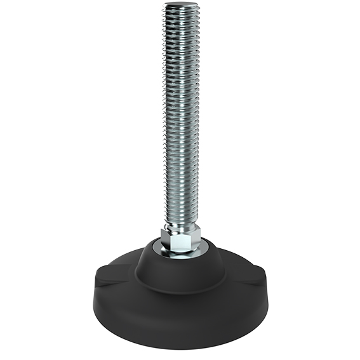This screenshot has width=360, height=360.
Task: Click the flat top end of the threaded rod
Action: tap(180, 6)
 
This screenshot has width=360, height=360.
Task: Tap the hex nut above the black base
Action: tap(181, 240)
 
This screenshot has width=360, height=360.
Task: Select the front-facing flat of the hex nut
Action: tap(183, 241)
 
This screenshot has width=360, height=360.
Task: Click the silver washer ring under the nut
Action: tap(181, 252)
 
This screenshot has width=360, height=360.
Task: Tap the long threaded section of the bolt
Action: tap(180, 114)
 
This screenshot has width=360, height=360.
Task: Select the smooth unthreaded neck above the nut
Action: tap(181, 227)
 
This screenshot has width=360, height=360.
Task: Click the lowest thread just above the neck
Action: tap(181, 219)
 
